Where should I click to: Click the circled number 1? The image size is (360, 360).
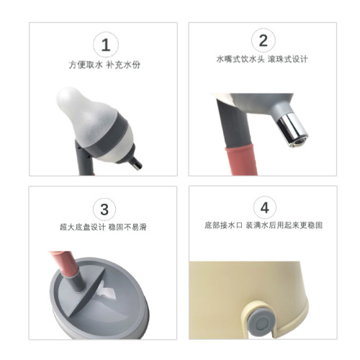coord(106,45)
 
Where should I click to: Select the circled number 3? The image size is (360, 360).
coord(106,209)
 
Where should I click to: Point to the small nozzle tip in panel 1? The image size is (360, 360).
coord(138,166)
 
